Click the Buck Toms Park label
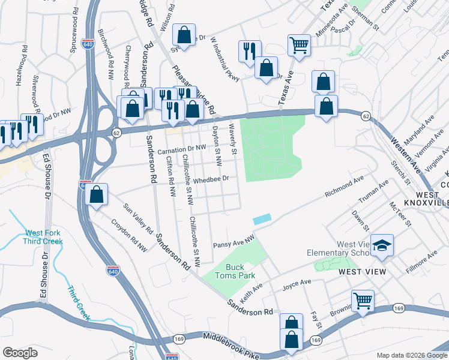coord(240,271)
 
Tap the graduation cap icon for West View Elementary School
coord(381,245)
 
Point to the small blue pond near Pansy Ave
coord(262,220)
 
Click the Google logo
coord(20,353)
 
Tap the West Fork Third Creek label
coord(43,237)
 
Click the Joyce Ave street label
coord(297,282)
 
